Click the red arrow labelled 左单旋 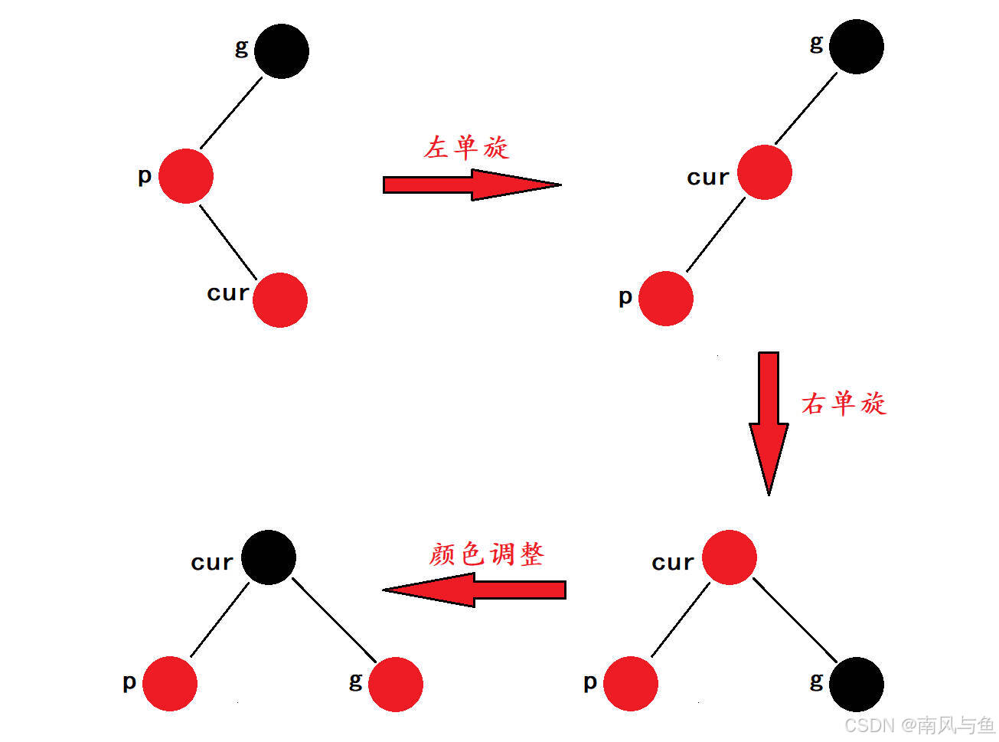coord(471,185)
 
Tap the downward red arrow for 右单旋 coord(769,421)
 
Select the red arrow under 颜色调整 coord(475,590)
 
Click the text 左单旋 coord(466,147)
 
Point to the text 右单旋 coord(844,403)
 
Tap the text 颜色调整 coord(486,554)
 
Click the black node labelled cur coord(269,557)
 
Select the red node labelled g coord(395,684)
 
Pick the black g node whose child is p coord(281,51)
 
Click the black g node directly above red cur coord(856,47)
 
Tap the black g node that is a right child coord(856,684)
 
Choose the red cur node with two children coord(729,557)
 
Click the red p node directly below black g coord(186,176)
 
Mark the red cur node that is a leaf coord(280,299)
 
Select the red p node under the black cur coord(170,684)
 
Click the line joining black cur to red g coord(334,620)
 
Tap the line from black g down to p coord(231,113)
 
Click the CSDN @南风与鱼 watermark coord(919,724)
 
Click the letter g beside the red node coord(355,680)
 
